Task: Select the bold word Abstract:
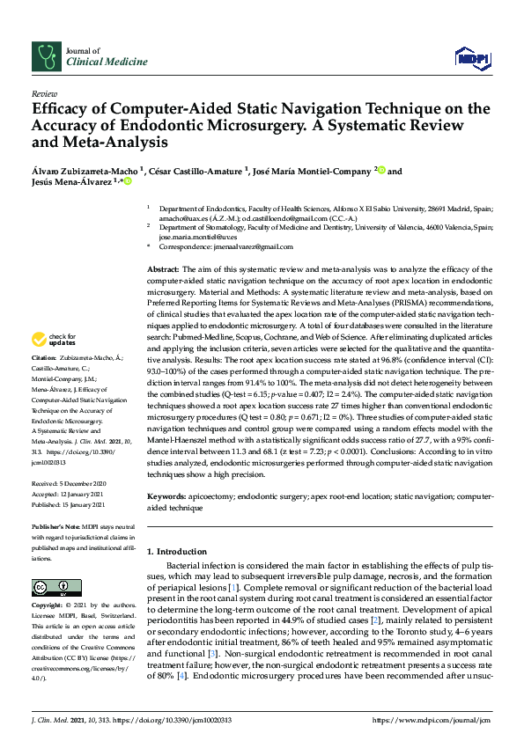tap(163, 268)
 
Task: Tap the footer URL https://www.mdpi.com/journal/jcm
tap(432, 720)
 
